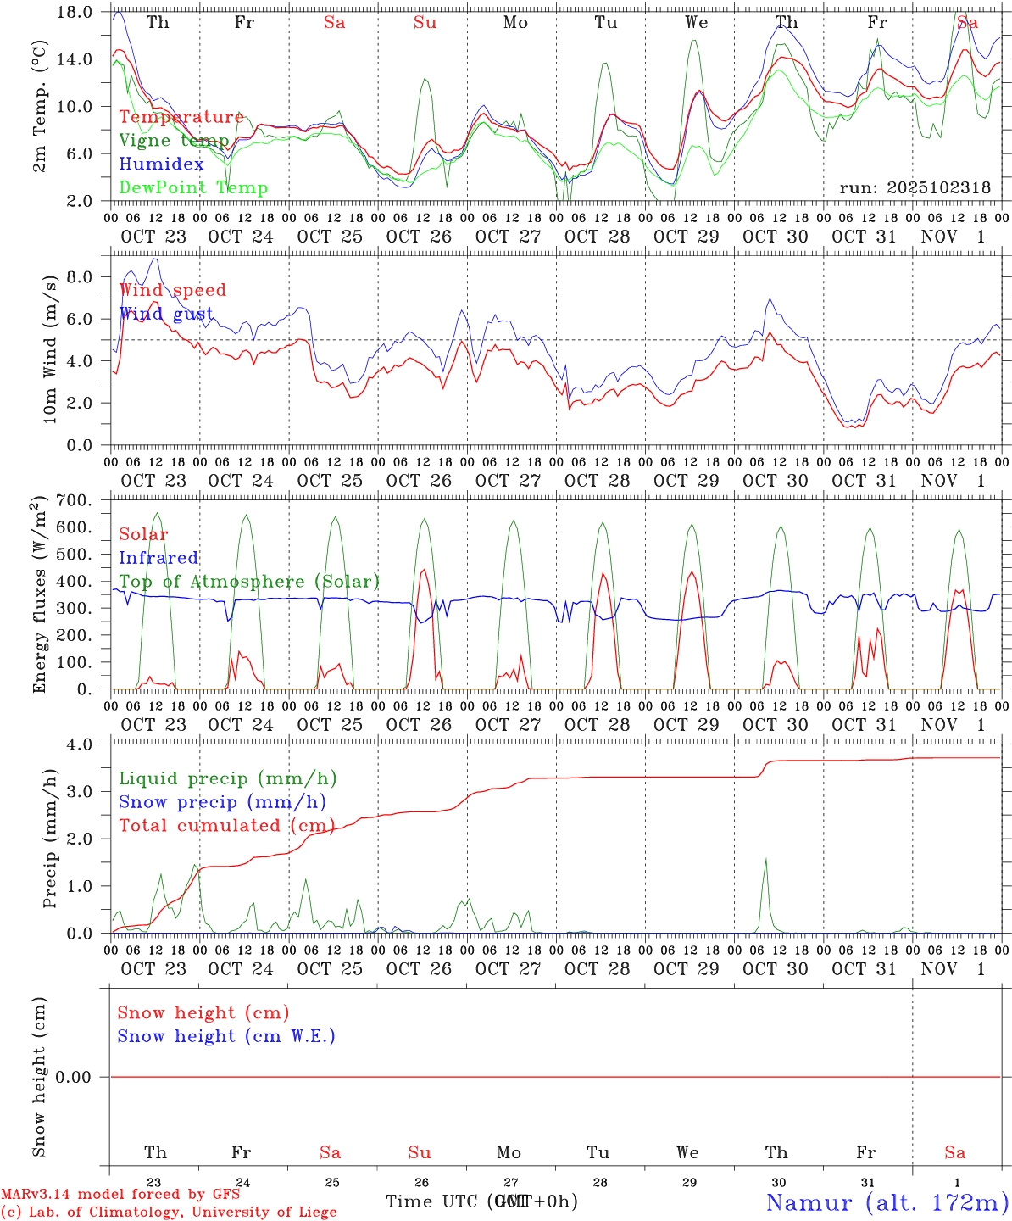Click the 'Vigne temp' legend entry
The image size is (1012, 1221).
(173, 141)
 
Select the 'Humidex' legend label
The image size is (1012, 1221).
(161, 164)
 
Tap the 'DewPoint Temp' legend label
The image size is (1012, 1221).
(193, 188)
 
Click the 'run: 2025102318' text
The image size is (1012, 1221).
(915, 188)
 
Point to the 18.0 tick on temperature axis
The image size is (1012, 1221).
(75, 12)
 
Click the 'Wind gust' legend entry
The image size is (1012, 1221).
(166, 314)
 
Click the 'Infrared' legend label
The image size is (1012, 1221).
(158, 558)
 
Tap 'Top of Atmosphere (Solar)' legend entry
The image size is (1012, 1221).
(249, 582)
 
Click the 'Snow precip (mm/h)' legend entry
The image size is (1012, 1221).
(222, 802)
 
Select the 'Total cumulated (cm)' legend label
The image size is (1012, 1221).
(226, 826)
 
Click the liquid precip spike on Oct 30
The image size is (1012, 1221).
(766, 861)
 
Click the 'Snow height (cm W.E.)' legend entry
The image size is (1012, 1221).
(226, 1036)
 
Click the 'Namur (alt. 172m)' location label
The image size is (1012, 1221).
(887, 1202)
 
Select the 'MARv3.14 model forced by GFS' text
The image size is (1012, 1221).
(120, 1194)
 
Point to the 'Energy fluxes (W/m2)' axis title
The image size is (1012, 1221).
(39, 595)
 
